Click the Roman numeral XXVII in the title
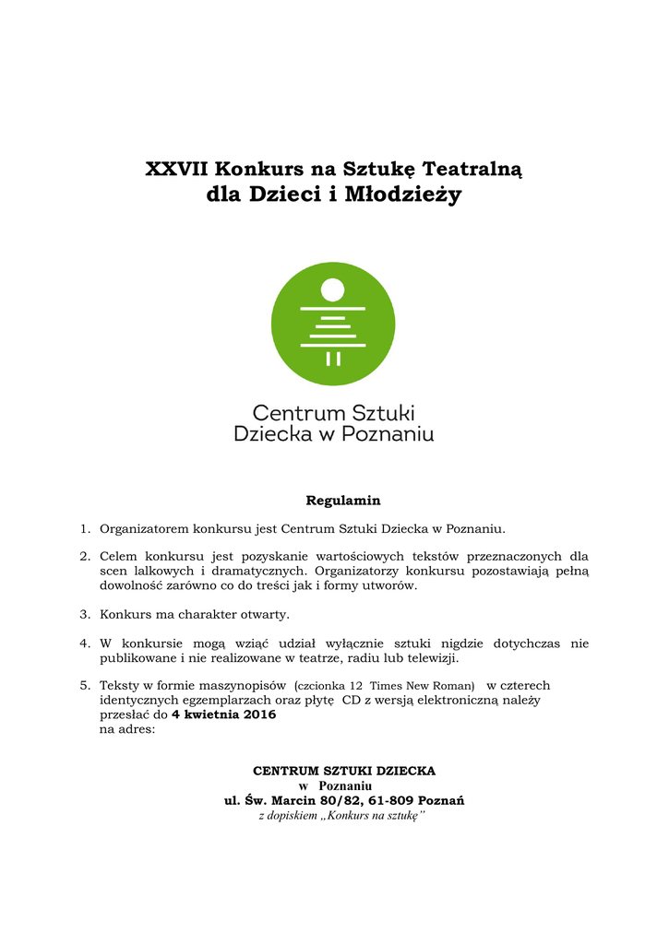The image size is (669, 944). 176,170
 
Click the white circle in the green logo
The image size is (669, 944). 333,290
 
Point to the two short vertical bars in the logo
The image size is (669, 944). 333,358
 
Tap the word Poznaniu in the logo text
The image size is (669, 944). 388,433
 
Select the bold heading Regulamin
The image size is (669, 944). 343,501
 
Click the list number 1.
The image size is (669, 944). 83,529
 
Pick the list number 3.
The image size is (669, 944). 83,614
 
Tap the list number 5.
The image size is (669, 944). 83,686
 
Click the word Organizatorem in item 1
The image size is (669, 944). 144,529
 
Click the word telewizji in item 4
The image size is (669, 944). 427,658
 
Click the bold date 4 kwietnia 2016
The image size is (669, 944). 223,714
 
